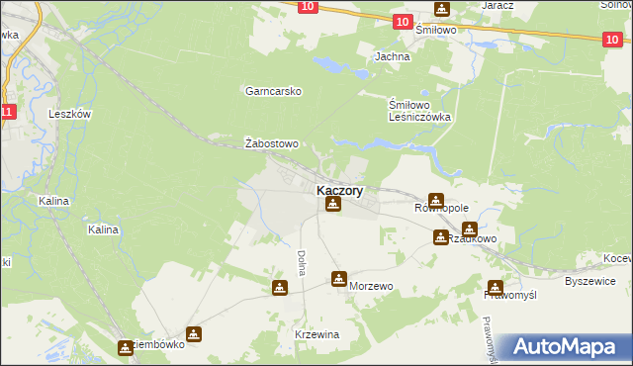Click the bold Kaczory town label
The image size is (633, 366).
[x=339, y=190]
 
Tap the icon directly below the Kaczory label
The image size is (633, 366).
[x=333, y=206]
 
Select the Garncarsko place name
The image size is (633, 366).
[x=266, y=90]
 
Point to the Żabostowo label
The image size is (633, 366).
[x=271, y=143]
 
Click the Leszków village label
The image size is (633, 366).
[x=69, y=114]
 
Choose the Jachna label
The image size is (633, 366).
[x=392, y=56]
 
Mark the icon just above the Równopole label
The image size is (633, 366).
[x=435, y=200]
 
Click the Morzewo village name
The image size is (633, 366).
[x=372, y=286]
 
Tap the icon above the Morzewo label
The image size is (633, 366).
[x=339, y=279]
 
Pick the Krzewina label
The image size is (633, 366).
[x=316, y=334]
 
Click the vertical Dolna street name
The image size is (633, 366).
[x=300, y=262]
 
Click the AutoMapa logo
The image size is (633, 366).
[x=567, y=347]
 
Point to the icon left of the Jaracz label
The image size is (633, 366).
[x=440, y=9]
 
